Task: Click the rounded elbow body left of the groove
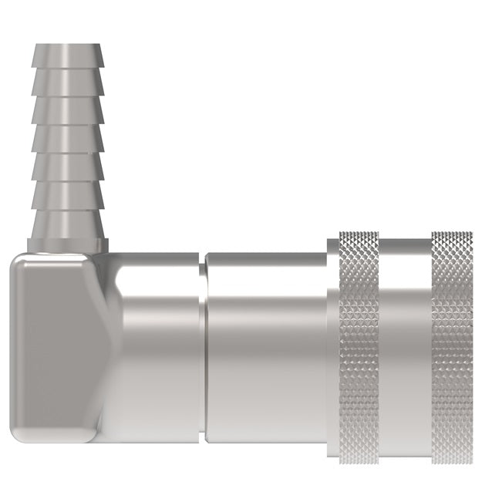click(158, 347)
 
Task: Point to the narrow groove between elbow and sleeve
click(202, 347)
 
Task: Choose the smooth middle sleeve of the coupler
click(266, 347)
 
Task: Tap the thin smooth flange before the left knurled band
click(332, 347)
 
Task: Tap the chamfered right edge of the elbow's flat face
click(108, 347)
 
